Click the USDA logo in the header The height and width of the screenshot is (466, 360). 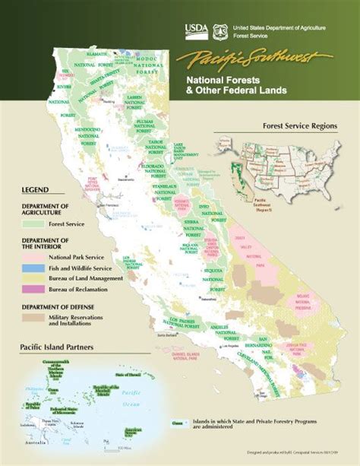click(193, 30)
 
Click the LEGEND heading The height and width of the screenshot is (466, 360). click(35, 189)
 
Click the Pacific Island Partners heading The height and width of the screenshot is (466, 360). click(58, 348)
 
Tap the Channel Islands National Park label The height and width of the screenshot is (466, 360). click(188, 355)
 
